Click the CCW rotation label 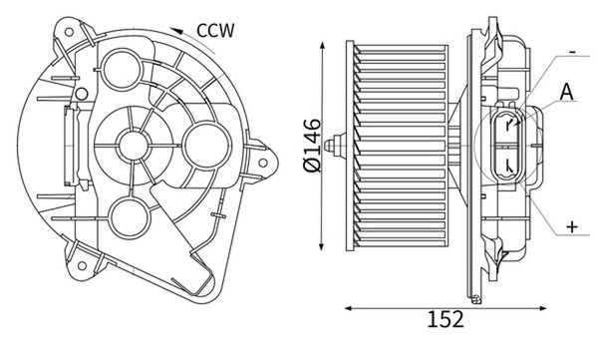click(216, 31)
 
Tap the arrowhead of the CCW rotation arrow click(175, 31)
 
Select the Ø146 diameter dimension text click(312, 145)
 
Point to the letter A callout click(567, 92)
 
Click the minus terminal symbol click(572, 52)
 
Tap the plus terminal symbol click(572, 227)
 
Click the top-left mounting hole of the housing click(69, 32)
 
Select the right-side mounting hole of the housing click(263, 163)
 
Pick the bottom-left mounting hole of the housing click(82, 265)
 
